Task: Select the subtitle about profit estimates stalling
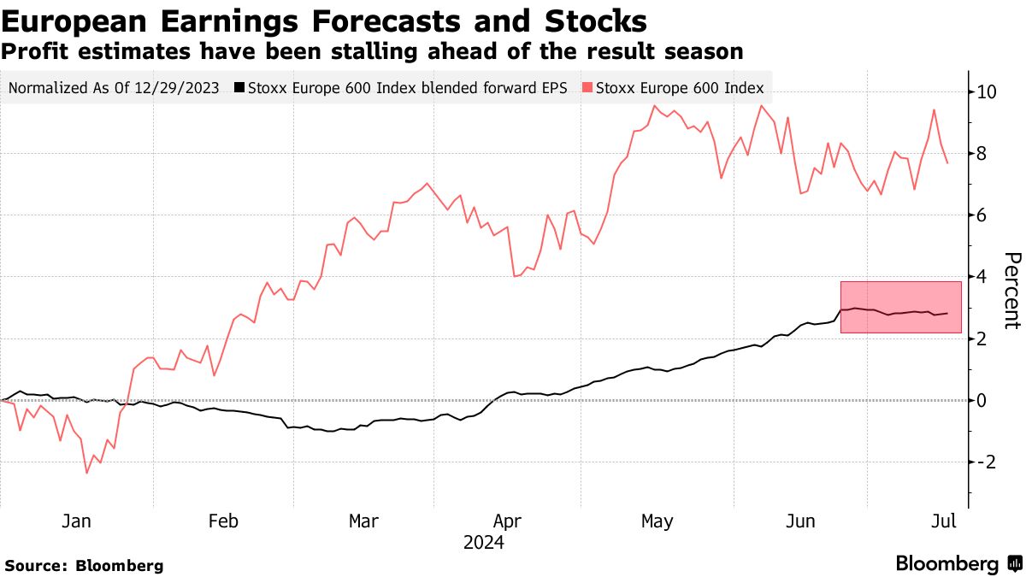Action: click(x=372, y=51)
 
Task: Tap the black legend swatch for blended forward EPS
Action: click(x=240, y=87)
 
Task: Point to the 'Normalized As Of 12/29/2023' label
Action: click(x=114, y=87)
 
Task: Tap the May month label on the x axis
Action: click(x=657, y=521)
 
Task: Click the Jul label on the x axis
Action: click(x=943, y=521)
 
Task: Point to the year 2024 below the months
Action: click(x=483, y=543)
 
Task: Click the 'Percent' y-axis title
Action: click(x=1012, y=291)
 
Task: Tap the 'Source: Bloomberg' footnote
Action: click(x=84, y=565)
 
